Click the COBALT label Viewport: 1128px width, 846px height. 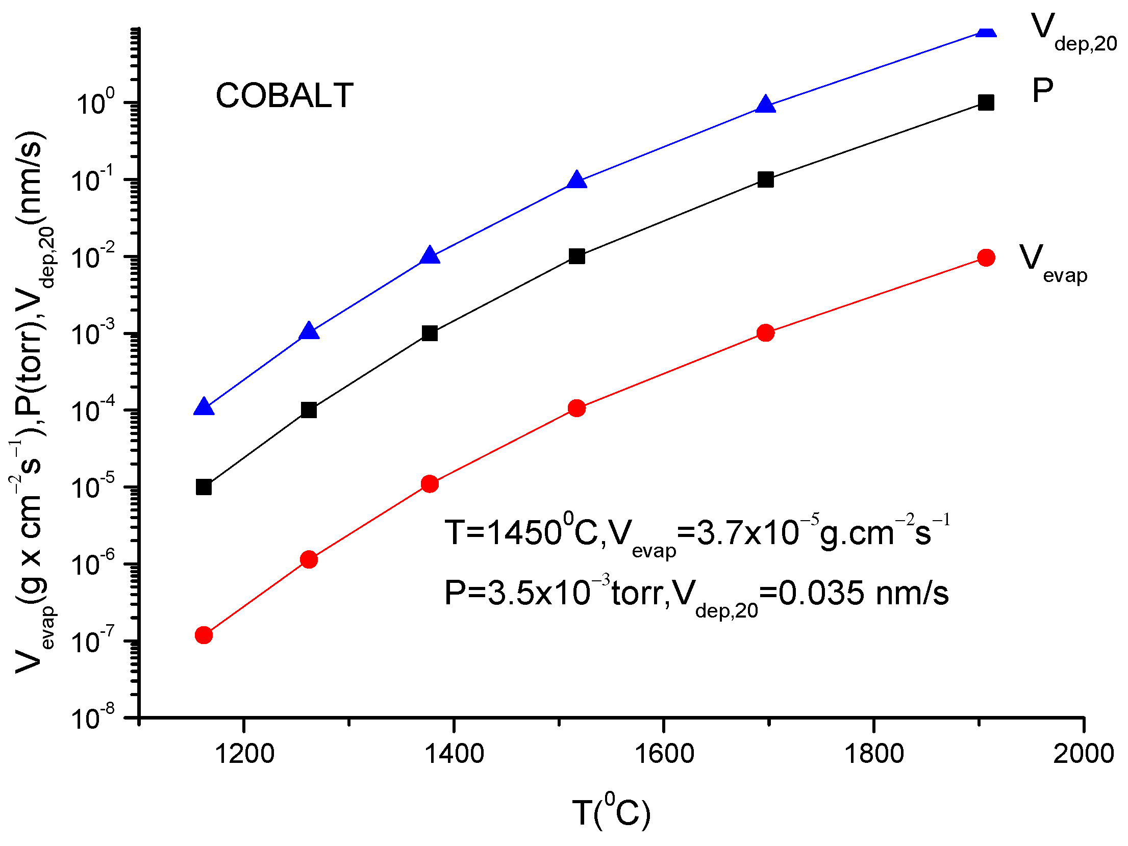pos(284,95)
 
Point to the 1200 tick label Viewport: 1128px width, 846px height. pos(244,754)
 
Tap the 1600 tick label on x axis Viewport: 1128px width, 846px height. pos(664,754)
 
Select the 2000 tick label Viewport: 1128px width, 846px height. pos(1083,754)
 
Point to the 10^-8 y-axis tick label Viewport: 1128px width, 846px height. pos(92,717)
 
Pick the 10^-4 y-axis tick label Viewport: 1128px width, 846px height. pos(92,410)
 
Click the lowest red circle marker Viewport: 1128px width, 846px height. pos(204,635)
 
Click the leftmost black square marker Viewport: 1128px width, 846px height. pos(204,487)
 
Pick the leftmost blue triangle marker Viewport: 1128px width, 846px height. pos(204,407)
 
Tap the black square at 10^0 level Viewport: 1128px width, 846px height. pos(986,102)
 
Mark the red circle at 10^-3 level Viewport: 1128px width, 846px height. pos(765,333)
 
